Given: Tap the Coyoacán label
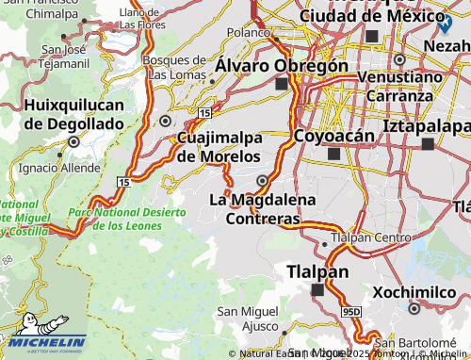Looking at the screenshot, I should click(x=329, y=135).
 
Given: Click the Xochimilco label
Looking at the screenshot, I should click(x=413, y=292).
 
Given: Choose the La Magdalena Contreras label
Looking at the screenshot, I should click(x=254, y=208).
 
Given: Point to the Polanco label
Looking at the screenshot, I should click(x=248, y=32).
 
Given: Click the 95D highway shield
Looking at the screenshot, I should click(x=350, y=310).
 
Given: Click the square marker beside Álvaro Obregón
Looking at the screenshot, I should click(x=281, y=84).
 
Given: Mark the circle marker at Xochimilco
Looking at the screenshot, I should click(x=414, y=307).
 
